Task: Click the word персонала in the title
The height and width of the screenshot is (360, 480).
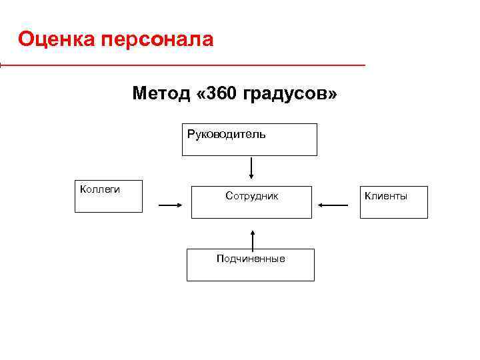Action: click(x=158, y=40)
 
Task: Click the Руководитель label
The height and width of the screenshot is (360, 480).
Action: click(x=226, y=135)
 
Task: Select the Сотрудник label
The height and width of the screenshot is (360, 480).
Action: click(x=251, y=196)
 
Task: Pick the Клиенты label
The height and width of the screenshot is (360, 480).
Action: click(x=385, y=196)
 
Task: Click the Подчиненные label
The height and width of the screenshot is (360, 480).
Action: click(x=251, y=259)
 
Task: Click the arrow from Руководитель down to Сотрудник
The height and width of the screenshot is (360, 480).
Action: click(x=251, y=168)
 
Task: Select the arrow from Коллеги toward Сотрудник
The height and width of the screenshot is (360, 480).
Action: click(x=170, y=206)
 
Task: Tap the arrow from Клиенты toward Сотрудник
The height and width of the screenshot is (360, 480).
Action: click(x=333, y=205)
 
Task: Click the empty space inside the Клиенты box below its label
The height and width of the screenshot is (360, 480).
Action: click(x=394, y=209)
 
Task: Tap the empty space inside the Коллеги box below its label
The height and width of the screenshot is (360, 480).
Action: click(x=109, y=203)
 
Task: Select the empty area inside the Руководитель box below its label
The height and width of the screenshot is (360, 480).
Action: click(x=249, y=147)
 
